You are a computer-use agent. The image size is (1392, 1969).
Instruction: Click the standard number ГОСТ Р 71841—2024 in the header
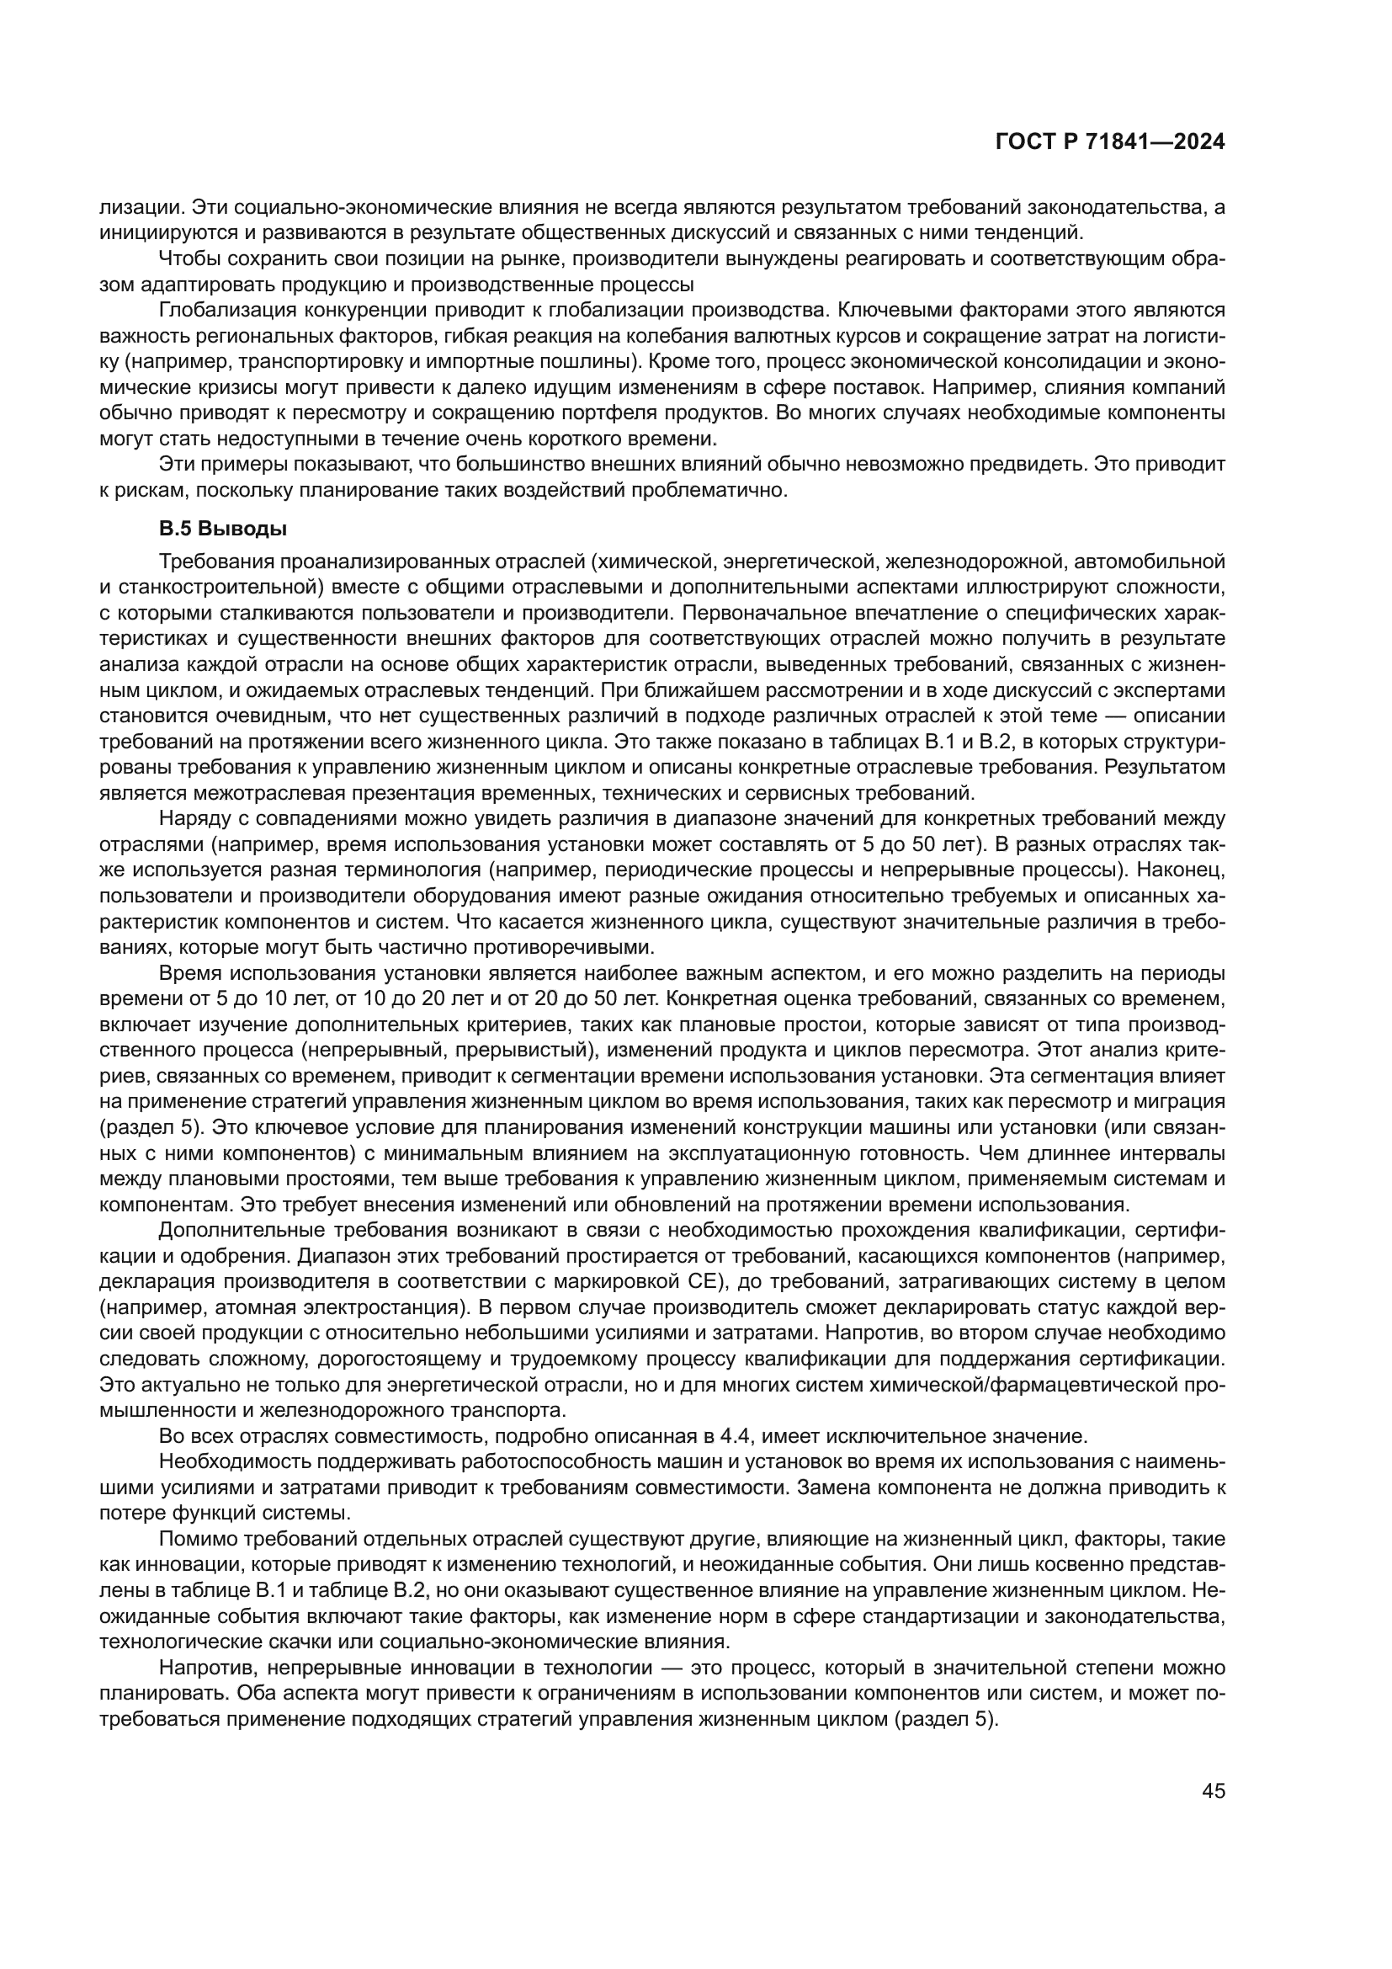coord(1110,142)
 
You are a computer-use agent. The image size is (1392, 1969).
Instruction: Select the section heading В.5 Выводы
coord(223,530)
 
